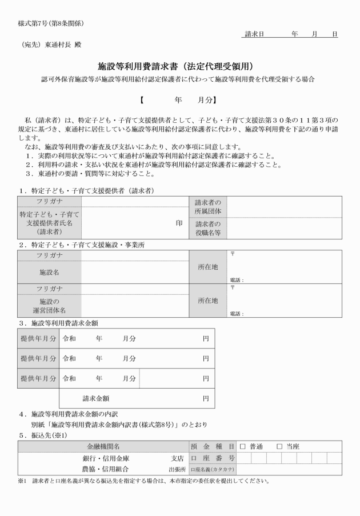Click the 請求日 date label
(253, 34)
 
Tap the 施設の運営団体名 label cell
(49, 305)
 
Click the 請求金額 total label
(96, 398)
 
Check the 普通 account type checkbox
(242, 446)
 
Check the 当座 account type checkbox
(279, 446)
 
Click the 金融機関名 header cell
(103, 446)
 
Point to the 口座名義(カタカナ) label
(212, 469)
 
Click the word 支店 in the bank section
(177, 458)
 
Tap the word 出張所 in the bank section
(176, 469)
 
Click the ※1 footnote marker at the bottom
(22, 480)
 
